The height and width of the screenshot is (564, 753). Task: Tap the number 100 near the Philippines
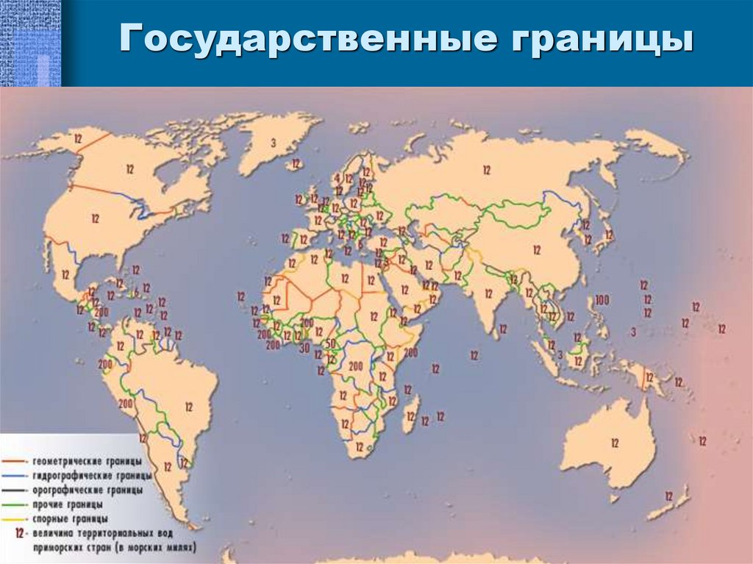pyautogui.click(x=603, y=299)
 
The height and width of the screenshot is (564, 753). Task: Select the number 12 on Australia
pyautogui.click(x=614, y=443)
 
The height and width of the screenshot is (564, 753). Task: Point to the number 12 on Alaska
pyautogui.click(x=77, y=138)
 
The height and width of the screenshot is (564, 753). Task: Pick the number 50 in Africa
pyautogui.click(x=330, y=345)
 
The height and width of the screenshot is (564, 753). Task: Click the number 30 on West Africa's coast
pyautogui.click(x=304, y=349)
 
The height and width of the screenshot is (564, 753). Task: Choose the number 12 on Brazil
pyautogui.click(x=189, y=406)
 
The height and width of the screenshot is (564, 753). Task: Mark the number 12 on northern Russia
pyautogui.click(x=486, y=170)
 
